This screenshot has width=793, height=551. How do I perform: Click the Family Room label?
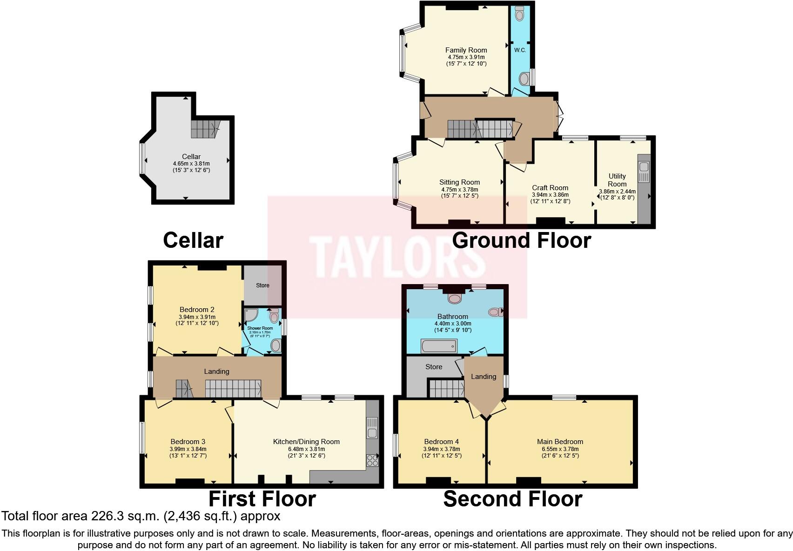pos(466,50)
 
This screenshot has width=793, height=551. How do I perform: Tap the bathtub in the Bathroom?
pos(439,346)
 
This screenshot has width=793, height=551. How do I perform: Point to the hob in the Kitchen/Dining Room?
pos(372,460)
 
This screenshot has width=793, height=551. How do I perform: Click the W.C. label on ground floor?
pos(520,50)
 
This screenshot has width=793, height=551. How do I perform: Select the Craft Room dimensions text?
pos(550,198)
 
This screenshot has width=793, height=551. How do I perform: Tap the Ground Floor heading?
pos(521,240)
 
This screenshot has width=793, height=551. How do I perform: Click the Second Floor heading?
pos(512,499)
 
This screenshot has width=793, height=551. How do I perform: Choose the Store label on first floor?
pos(262,285)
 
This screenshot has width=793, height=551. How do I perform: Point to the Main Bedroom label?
pos(560,442)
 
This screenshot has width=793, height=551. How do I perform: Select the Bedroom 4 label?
pos(441,442)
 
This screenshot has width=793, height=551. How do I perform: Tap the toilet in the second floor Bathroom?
pos(495,312)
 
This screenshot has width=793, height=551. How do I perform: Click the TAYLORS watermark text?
pos(397,257)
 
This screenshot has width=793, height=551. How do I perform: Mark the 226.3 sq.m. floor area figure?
pos(129,516)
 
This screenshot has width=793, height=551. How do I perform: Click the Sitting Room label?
pos(459,182)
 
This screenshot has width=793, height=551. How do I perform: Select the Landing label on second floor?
pos(484,377)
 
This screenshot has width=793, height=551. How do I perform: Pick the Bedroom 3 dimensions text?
pos(188,452)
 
